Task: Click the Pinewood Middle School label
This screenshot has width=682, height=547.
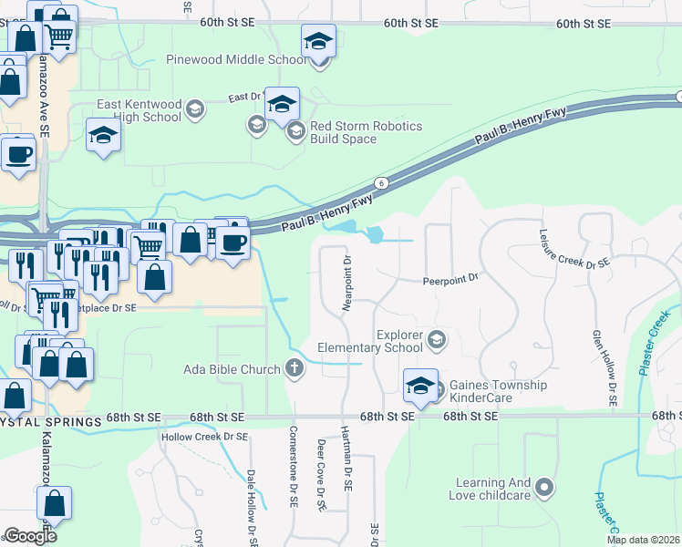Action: point(236,60)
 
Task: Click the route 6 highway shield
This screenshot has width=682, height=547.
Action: point(382,183)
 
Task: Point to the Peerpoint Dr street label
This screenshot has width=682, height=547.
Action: point(450,281)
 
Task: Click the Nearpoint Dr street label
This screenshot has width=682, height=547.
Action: point(347,284)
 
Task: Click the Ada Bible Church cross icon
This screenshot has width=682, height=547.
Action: point(294,368)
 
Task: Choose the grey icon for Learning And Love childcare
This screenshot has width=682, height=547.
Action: point(544,489)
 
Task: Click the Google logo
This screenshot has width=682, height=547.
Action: point(30,536)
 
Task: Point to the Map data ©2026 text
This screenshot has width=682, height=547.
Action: point(643,540)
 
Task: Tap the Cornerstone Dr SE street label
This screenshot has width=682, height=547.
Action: point(294,465)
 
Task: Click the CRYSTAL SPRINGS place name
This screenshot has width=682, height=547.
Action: point(49,421)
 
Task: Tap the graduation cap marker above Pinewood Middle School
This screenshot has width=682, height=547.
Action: point(318,41)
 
